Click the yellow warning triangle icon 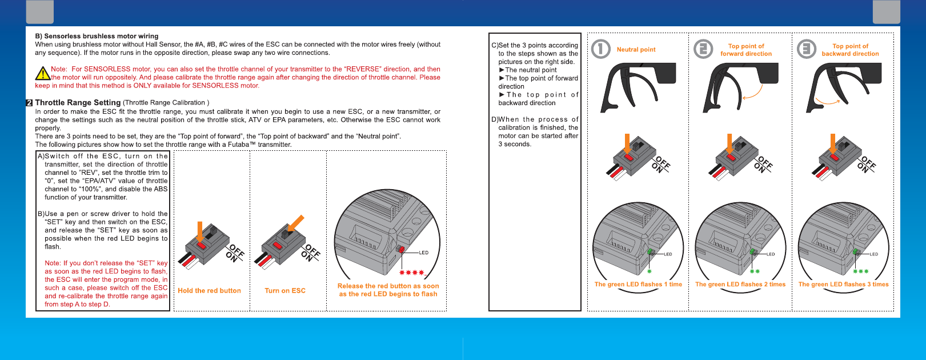click(x=42, y=73)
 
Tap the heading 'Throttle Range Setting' click(x=78, y=102)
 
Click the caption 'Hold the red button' click(x=209, y=290)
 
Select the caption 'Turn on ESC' click(x=285, y=290)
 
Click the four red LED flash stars click(x=411, y=273)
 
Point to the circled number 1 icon click(x=600, y=49)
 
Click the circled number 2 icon click(x=703, y=49)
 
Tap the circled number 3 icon click(x=807, y=49)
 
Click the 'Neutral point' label click(x=636, y=50)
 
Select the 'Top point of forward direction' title click(x=746, y=50)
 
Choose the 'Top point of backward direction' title click(x=851, y=50)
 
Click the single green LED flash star click(x=650, y=271)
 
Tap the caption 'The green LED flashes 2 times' click(x=740, y=285)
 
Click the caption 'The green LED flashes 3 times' click(x=843, y=285)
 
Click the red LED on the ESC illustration click(x=401, y=249)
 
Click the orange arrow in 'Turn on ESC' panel click(x=295, y=223)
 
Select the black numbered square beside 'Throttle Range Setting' click(x=29, y=103)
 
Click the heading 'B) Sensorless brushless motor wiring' click(x=97, y=37)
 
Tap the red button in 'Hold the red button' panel click(x=201, y=246)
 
